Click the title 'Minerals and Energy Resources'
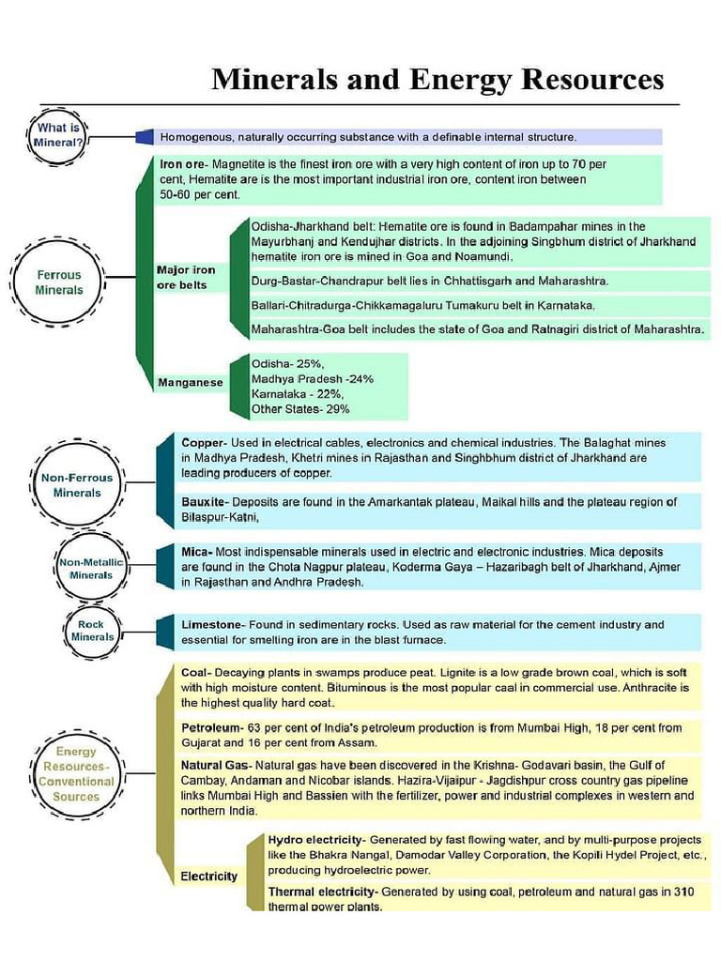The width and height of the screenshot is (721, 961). tap(437, 78)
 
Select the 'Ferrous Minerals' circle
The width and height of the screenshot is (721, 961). tap(59, 282)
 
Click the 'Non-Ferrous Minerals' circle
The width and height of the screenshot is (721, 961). tap(77, 485)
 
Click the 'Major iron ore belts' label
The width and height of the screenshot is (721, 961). tap(186, 277)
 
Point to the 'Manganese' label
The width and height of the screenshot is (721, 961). tap(191, 383)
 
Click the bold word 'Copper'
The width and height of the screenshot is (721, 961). tap(203, 442)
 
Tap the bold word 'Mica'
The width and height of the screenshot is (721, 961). tap(196, 553)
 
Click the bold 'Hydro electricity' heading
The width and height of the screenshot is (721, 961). tap(314, 838)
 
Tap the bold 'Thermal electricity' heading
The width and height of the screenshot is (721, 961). tap(322, 892)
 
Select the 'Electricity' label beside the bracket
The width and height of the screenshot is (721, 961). tap(208, 877)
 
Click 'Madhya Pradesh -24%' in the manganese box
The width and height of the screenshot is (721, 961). tap(313, 379)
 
